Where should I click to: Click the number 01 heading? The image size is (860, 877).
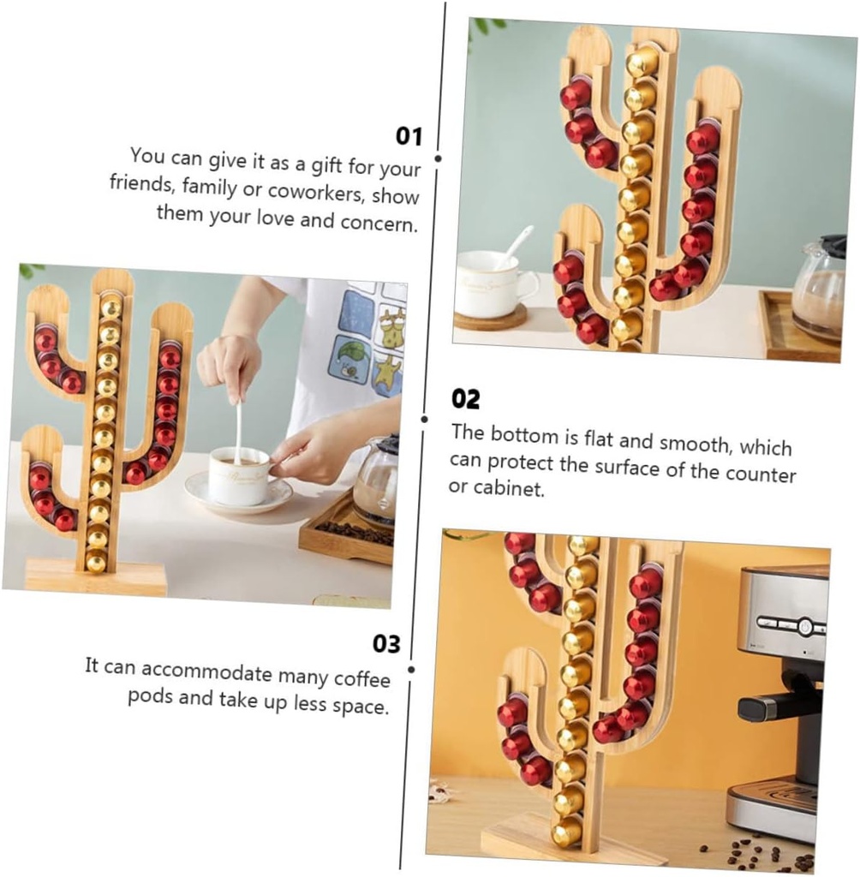tap(409, 136)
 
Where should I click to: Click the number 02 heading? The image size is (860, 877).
tap(465, 399)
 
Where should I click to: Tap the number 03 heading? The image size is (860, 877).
tap(386, 644)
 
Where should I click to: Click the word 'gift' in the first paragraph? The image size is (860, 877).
tap(326, 165)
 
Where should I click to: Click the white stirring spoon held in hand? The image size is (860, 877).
tap(238, 428)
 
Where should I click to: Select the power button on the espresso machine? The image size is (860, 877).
tap(804, 626)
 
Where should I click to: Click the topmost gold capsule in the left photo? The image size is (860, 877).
tap(110, 307)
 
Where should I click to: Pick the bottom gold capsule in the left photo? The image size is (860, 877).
tap(96, 562)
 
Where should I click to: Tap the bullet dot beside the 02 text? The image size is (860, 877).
tap(425, 419)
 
